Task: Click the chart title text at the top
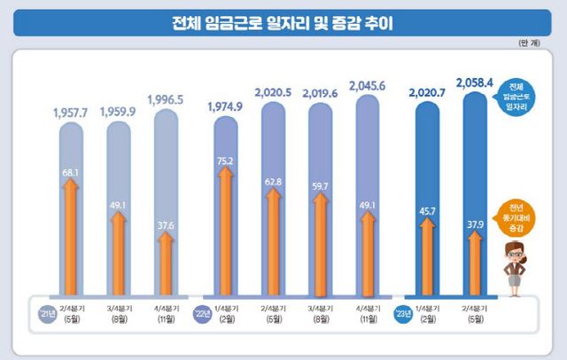[x=283, y=21]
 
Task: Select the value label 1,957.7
[x=72, y=113]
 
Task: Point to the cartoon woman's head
[x=515, y=250]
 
